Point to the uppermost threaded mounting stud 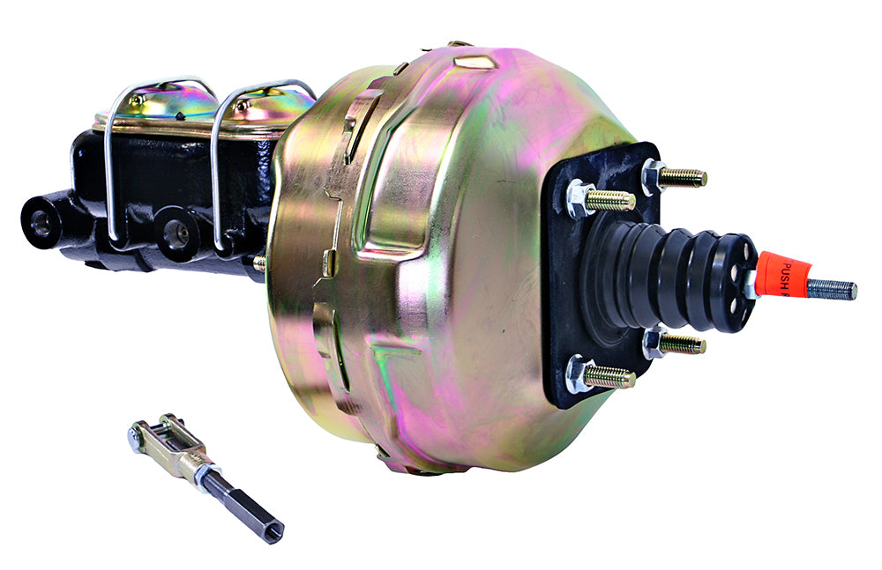pyautogui.click(x=682, y=177)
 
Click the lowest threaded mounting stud pyautogui.click(x=609, y=377)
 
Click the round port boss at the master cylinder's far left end pyautogui.click(x=41, y=221)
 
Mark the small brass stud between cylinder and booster pyautogui.click(x=259, y=263)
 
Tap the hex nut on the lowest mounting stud pyautogui.click(x=579, y=374)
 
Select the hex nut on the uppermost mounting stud pyautogui.click(x=653, y=175)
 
